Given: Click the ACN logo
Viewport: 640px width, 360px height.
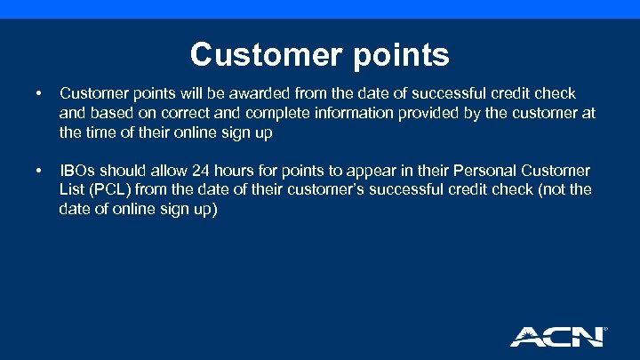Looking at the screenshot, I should pos(556,336).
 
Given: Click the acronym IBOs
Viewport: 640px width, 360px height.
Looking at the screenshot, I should pos(79,170).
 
